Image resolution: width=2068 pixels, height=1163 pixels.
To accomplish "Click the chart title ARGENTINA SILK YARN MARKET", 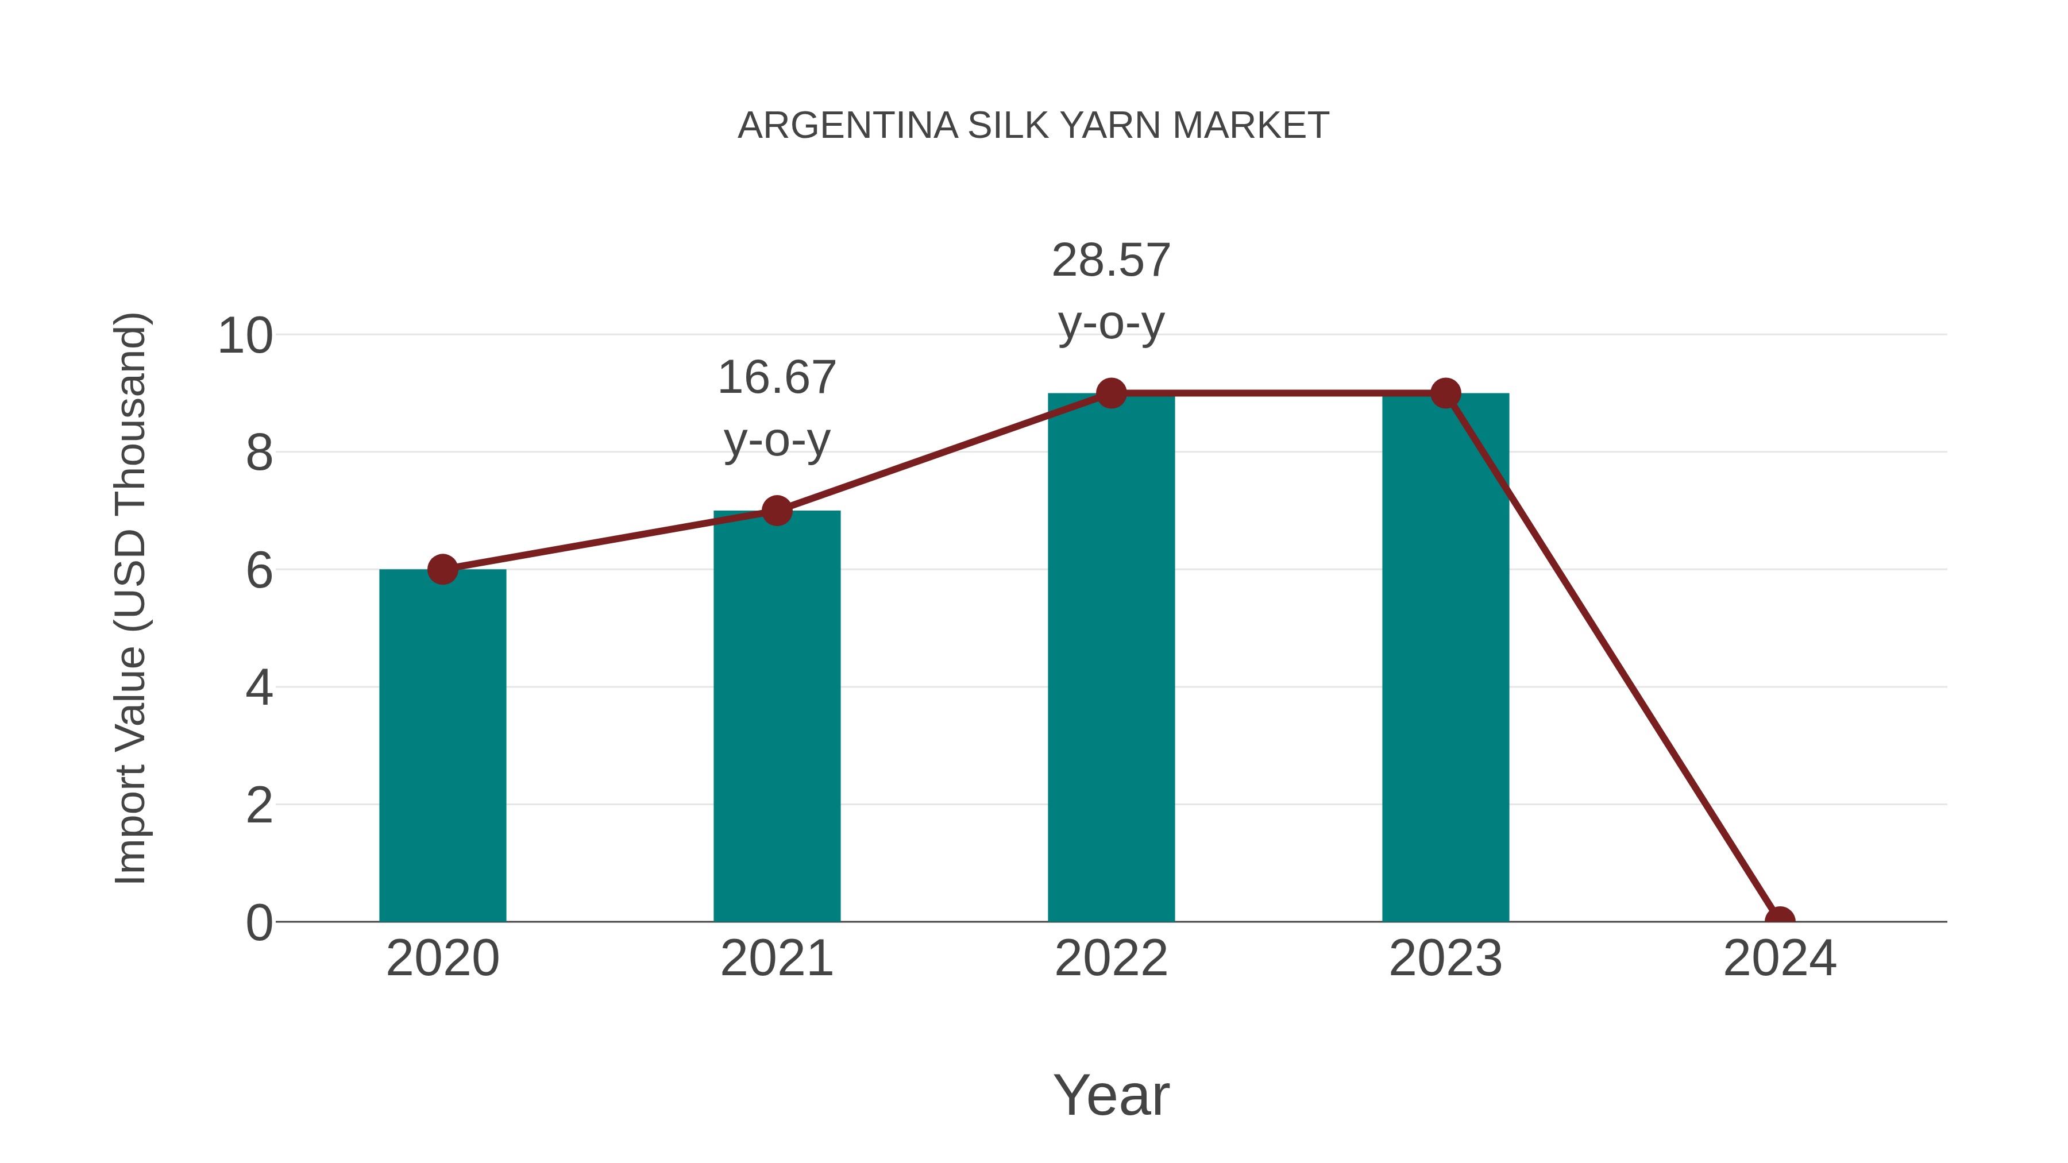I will [1033, 126].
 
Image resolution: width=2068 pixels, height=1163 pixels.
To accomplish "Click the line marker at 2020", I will [442, 569].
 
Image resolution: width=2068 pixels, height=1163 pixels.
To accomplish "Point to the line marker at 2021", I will [776, 511].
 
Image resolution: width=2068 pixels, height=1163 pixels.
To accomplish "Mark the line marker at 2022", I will [1111, 393].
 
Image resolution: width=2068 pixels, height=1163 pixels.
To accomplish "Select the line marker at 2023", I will [1445, 393].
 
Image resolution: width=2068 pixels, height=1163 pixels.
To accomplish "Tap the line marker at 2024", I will [1779, 920].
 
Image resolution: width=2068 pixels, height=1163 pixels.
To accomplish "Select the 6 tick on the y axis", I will [259, 571].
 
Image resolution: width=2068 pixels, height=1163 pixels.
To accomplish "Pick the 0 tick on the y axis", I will [259, 922].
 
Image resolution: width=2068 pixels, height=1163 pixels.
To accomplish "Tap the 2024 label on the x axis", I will [1779, 959].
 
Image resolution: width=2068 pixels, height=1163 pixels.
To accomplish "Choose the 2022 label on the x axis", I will [1111, 959].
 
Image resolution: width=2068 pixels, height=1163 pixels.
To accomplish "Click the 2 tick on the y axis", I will [259, 805].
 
